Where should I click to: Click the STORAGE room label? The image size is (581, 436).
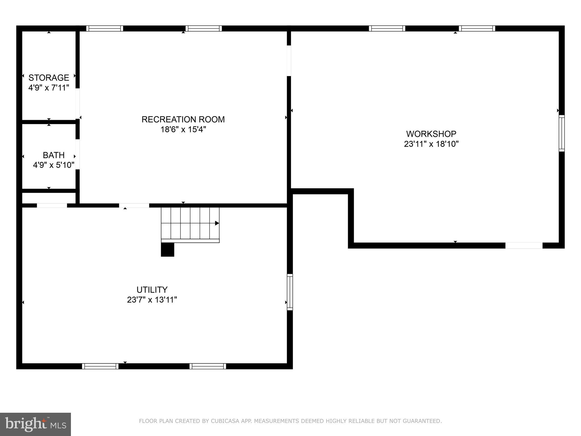[x=49, y=77]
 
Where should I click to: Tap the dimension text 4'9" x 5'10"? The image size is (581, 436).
[x=54, y=165]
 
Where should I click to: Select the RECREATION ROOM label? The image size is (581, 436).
[x=183, y=119]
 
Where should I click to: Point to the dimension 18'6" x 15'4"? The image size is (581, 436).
[x=183, y=129]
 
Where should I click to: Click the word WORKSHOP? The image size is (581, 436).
[x=431, y=134]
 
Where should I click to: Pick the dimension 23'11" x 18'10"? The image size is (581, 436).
[x=431, y=144]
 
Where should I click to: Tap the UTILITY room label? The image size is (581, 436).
[x=152, y=290]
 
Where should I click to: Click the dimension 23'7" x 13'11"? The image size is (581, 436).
[x=152, y=300]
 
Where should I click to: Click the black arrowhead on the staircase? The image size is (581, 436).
[x=217, y=223]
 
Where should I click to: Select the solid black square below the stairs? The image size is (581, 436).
[x=167, y=250]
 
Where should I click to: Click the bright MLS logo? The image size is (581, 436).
[x=35, y=424]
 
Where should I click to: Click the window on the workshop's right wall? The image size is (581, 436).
[x=561, y=133]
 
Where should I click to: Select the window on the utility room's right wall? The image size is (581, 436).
[x=290, y=292]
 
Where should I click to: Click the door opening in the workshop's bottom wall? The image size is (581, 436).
[x=524, y=246]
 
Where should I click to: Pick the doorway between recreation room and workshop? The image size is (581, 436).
[x=289, y=61]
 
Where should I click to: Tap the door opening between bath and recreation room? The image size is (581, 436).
[x=77, y=154]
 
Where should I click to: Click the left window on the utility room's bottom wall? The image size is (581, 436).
[x=100, y=366]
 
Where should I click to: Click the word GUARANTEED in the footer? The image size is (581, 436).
[x=424, y=421]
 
